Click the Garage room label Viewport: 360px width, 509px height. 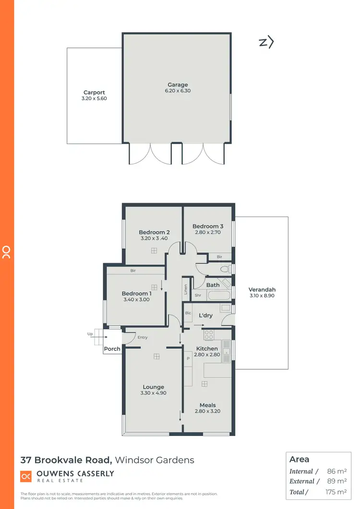click(178, 85)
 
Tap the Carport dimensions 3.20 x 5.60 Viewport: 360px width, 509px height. click(94, 98)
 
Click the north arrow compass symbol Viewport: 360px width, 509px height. click(266, 42)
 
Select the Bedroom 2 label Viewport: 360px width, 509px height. click(154, 232)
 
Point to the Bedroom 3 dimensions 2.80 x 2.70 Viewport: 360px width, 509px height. click(208, 232)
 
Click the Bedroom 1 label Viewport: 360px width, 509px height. click(136, 293)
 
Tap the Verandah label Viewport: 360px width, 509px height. click(262, 290)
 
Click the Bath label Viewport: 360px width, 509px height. click(213, 285)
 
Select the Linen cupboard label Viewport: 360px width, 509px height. click(186, 290)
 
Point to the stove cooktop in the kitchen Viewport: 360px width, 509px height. click(209, 333)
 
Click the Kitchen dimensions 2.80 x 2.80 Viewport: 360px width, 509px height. click(207, 354)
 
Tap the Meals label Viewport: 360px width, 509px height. click(207, 405)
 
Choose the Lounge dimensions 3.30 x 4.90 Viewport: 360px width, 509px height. click(153, 393)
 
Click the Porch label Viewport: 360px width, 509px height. click(112, 349)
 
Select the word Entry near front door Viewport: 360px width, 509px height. click(143, 338)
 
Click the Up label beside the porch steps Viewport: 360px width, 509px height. click(90, 333)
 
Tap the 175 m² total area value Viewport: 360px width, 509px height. click(336, 492)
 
